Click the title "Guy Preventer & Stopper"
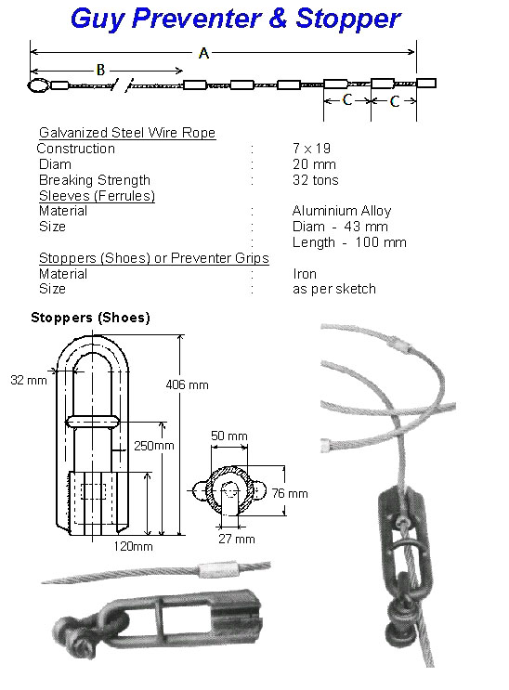tap(236, 19)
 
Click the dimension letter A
tap(203, 53)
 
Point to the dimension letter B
tap(100, 70)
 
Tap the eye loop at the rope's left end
tap(38, 85)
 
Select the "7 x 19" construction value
tap(312, 149)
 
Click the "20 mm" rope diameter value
tap(314, 164)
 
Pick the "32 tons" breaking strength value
tap(315, 180)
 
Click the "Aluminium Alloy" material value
tap(342, 211)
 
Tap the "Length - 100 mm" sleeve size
tap(349, 242)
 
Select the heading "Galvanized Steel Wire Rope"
tap(127, 133)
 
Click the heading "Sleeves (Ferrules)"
tap(97, 195)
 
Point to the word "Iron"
tap(305, 274)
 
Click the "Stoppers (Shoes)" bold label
tap(90, 318)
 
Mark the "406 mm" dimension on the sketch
tap(187, 384)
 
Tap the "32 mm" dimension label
tap(29, 380)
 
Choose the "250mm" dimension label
tap(154, 446)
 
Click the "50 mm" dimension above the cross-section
tap(229, 436)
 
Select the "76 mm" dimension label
tap(289, 493)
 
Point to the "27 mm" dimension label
tap(237, 539)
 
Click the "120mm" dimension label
tap(133, 547)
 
